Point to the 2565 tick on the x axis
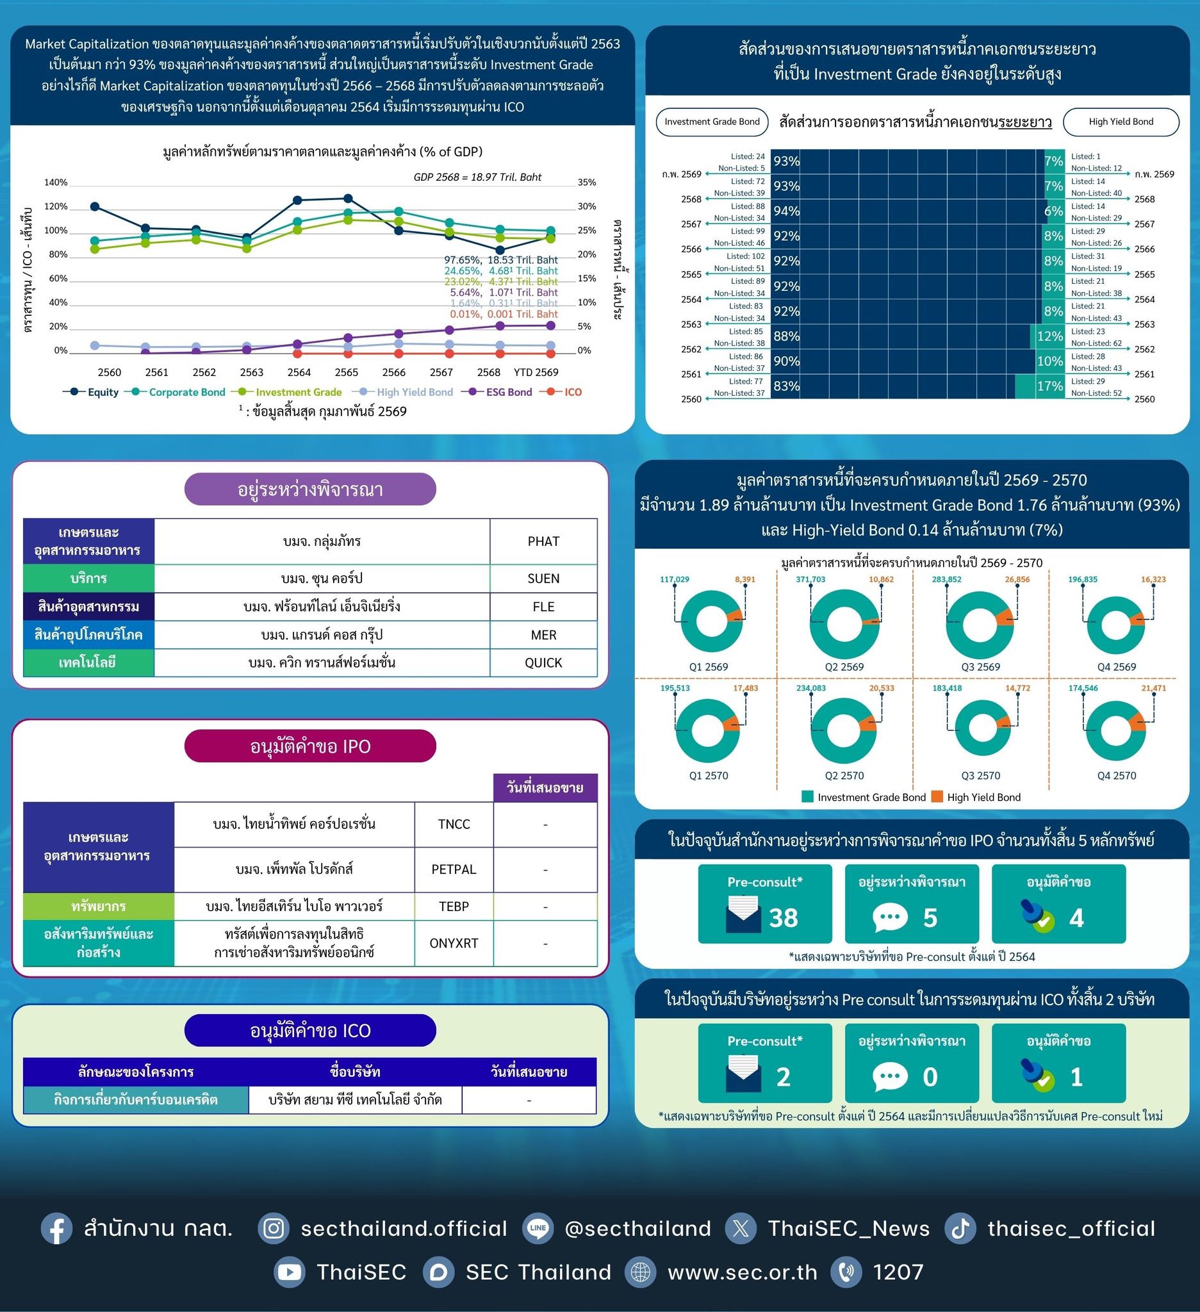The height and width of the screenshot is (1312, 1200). point(346,372)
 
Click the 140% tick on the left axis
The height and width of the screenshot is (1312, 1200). point(55,182)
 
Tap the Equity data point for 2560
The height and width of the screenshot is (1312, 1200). point(95,206)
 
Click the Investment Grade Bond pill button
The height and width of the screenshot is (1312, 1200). point(712,122)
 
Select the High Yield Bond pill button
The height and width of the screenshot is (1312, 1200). point(1121,122)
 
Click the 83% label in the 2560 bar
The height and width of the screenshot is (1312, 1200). point(786,386)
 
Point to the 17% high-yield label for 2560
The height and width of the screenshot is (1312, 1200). point(1049,386)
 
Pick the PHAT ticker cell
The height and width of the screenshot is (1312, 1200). point(543,541)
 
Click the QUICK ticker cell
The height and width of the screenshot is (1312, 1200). point(543,662)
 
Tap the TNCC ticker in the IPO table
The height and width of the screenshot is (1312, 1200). point(454,824)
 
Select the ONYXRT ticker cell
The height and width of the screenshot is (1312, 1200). point(454,943)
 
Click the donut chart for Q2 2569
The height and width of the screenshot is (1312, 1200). point(844,623)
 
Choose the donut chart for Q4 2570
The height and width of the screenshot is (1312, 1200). point(1116,730)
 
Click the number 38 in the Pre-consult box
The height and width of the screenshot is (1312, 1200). point(784,917)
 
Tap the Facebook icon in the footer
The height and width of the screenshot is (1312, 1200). point(56,1229)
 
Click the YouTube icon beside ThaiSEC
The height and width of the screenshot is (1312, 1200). point(289,1272)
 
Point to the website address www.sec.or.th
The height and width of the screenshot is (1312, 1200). point(742,1272)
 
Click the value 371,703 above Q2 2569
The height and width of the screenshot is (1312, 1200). point(810,579)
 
